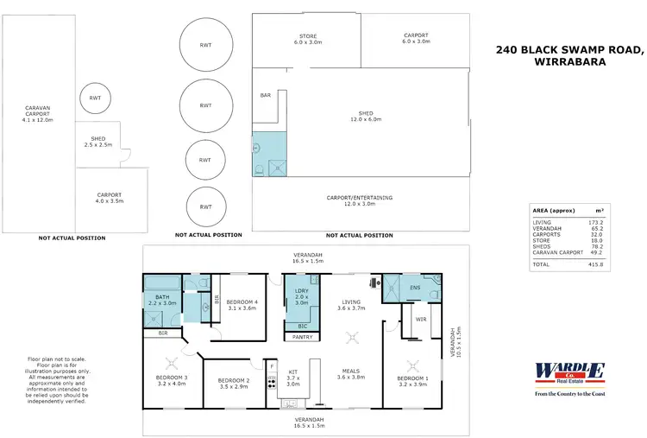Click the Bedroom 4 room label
[x=242, y=304]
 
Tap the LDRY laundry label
[x=301, y=296]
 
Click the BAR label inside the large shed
[x=266, y=95]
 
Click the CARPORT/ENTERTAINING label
[x=360, y=200]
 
